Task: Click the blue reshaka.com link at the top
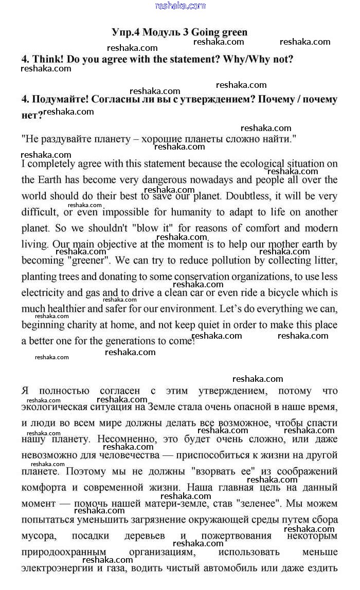click(180, 6)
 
